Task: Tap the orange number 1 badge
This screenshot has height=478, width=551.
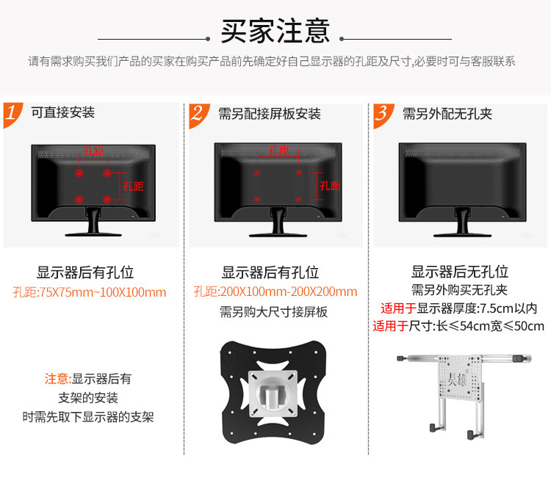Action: (x=12, y=115)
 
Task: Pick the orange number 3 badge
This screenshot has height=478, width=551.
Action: (x=383, y=115)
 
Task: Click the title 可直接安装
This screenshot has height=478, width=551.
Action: (x=62, y=113)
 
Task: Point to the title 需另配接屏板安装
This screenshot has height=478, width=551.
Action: (x=270, y=114)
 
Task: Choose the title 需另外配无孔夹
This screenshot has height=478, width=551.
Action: (x=447, y=114)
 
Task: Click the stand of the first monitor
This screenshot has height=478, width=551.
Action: (x=93, y=222)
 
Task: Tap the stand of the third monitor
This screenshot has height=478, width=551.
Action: (x=462, y=222)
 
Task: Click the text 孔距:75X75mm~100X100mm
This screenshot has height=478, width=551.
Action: (x=90, y=292)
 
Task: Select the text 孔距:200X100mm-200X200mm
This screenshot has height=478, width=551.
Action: (x=275, y=292)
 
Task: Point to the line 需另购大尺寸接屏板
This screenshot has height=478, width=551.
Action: (x=274, y=312)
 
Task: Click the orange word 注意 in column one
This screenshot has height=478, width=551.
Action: (x=57, y=379)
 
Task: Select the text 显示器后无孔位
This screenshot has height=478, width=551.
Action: (x=459, y=272)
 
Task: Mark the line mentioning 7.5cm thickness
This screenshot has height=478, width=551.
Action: (x=458, y=308)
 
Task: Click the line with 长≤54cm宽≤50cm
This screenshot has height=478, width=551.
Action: (x=458, y=327)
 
